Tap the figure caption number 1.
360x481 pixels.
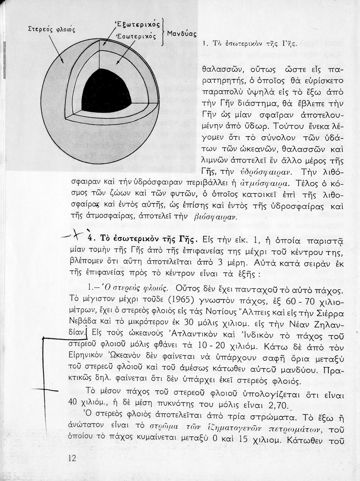point(204,43)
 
